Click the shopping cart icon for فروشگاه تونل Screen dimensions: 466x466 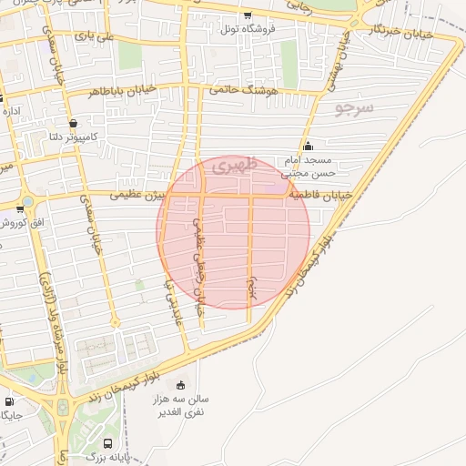248,15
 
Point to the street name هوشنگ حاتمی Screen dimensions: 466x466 241,90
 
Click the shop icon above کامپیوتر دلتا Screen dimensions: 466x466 72,123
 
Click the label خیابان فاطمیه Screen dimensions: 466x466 313,195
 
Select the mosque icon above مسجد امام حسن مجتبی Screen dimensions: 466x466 308,146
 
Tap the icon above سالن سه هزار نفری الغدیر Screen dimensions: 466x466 180,384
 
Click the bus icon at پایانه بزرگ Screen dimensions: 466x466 108,443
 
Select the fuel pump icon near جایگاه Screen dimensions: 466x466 9,401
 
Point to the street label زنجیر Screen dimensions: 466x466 252,283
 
